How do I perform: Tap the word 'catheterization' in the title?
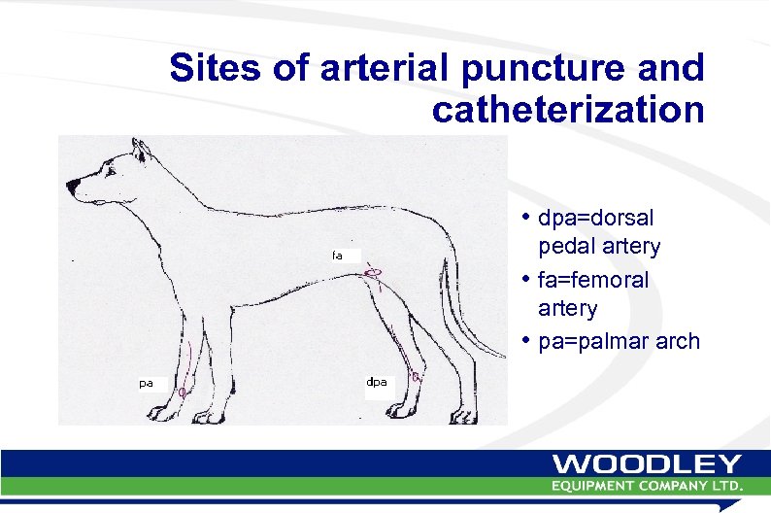(568, 110)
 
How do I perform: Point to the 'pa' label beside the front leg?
(145, 383)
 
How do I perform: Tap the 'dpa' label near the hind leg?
(377, 382)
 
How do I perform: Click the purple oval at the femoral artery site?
(374, 273)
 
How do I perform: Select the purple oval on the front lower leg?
(182, 391)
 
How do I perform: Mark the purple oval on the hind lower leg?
(416, 376)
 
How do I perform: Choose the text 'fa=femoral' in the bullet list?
(593, 280)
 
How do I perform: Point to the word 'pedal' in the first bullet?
(566, 247)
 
